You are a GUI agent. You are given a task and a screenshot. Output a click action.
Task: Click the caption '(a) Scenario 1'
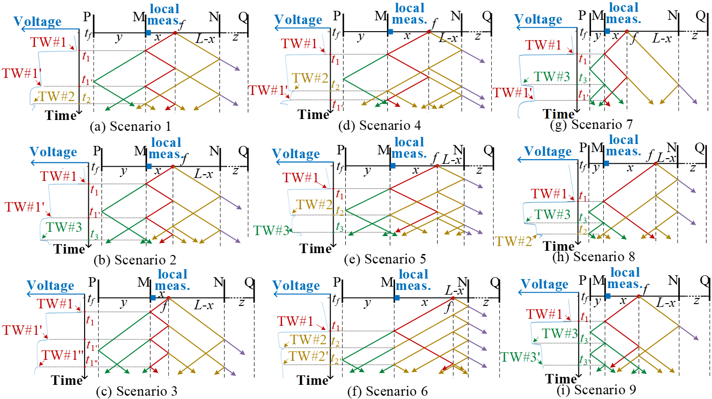130,127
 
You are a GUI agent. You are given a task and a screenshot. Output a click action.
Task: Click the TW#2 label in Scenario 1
57,96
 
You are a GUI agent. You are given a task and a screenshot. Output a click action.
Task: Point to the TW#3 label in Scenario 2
64,227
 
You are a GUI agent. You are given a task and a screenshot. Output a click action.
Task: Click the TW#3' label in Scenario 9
520,357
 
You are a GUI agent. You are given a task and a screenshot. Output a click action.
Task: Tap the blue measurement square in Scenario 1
148,33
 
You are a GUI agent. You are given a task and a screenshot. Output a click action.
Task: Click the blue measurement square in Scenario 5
393,166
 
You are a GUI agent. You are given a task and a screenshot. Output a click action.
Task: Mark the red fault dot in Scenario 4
429,32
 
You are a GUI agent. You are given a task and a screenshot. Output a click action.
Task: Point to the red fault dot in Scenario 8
656,163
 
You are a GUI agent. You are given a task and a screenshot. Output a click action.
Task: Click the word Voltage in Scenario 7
538,19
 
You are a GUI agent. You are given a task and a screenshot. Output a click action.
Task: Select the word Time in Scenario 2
69,249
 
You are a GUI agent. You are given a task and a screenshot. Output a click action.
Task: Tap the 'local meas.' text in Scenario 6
413,280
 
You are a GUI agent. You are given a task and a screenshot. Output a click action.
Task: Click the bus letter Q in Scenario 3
249,282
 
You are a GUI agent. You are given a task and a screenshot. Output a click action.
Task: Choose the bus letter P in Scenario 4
337,16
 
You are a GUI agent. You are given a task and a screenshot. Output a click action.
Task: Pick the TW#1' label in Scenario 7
513,93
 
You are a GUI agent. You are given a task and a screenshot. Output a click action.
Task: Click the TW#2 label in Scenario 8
514,242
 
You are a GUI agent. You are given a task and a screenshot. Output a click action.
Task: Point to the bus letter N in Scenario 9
673,280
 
